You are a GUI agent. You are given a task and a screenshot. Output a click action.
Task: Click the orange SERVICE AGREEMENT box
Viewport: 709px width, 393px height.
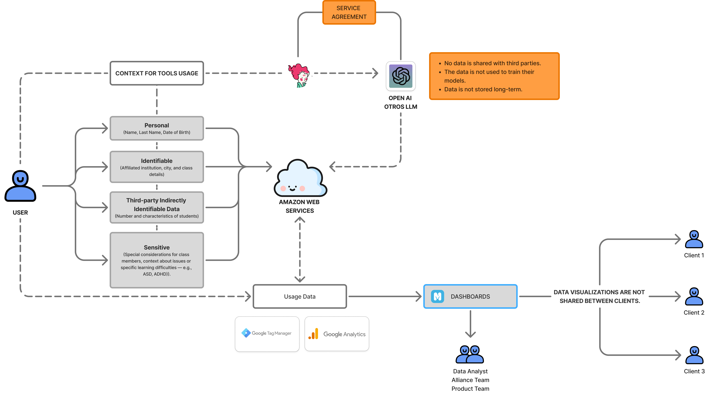click(x=349, y=12)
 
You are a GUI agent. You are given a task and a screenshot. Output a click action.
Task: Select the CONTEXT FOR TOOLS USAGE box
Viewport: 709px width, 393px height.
click(x=157, y=73)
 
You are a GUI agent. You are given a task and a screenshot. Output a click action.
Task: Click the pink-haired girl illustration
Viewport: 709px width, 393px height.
click(x=299, y=75)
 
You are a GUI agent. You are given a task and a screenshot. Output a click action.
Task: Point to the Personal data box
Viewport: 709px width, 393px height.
click(x=157, y=128)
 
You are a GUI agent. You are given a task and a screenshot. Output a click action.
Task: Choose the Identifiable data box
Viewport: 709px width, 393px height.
click(x=157, y=167)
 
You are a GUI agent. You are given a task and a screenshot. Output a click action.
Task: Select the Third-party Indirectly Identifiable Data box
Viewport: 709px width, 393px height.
click(x=157, y=207)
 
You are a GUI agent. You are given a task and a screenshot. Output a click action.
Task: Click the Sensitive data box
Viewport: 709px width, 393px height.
click(x=157, y=260)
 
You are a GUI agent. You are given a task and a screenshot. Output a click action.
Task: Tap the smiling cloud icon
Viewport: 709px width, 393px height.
click(x=300, y=178)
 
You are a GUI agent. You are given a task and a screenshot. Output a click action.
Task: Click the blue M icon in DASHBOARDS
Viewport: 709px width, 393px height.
click(x=437, y=297)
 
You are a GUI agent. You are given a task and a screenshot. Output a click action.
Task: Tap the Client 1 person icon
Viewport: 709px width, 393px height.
click(x=694, y=239)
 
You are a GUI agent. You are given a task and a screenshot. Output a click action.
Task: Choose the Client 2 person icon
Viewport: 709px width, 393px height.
click(x=694, y=297)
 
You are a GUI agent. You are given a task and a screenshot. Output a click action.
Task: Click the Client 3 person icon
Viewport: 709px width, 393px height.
click(x=694, y=355)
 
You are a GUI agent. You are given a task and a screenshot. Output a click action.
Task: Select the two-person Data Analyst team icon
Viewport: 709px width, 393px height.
click(x=470, y=355)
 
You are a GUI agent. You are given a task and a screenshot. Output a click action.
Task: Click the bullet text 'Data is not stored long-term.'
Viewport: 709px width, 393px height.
click(x=483, y=89)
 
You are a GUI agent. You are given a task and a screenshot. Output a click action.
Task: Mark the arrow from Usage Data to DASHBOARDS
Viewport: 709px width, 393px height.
click(x=385, y=297)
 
